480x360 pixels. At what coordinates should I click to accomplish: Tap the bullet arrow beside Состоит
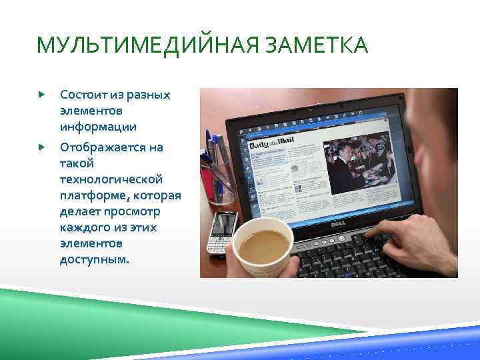tap(41, 95)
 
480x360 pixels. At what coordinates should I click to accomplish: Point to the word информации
tap(98, 127)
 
